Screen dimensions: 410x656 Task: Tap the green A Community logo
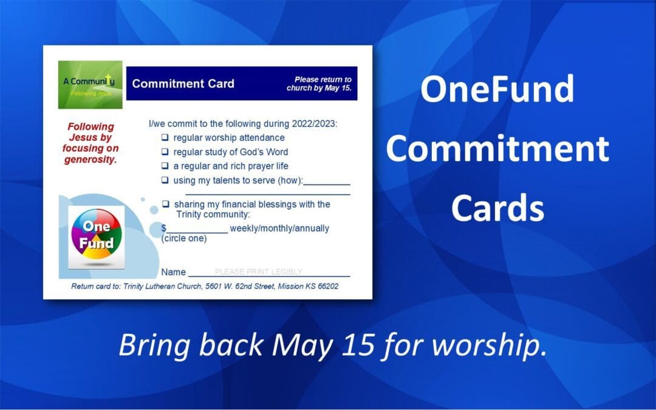tap(90, 84)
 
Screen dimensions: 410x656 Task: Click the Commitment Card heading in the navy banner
tap(183, 84)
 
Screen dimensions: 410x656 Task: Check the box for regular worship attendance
tap(165, 138)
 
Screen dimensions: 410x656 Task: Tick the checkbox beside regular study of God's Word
tap(165, 152)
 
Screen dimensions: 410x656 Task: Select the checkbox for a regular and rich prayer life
tap(165, 166)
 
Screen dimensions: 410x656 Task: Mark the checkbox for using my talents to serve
tap(165, 180)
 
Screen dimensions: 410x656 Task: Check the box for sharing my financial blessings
tap(165, 204)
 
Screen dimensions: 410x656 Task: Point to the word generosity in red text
tap(91, 160)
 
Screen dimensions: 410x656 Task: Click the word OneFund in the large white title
tap(497, 89)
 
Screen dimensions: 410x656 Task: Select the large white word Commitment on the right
tap(497, 149)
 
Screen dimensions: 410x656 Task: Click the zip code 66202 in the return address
tap(326, 286)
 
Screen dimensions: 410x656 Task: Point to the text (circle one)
tap(184, 238)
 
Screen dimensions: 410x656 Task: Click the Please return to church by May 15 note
tap(319, 84)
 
